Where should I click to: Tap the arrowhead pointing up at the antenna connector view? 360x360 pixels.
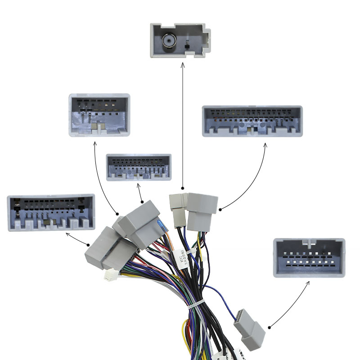pyautogui.click(x=183, y=65)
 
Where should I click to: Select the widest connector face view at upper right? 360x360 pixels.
pyautogui.click(x=252, y=121)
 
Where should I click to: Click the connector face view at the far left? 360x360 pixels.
pyautogui.click(x=51, y=212)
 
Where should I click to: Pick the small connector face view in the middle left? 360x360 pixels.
pyautogui.click(x=139, y=167)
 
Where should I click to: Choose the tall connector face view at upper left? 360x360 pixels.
pyautogui.click(x=99, y=115)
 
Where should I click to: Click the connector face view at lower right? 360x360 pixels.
pyautogui.click(x=309, y=257)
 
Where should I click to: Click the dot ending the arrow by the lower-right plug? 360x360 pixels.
pyautogui.click(x=269, y=327)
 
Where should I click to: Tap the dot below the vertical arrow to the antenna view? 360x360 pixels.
pyautogui.click(x=183, y=188)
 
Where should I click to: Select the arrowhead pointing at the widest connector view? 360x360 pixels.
pyautogui.click(x=265, y=145)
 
